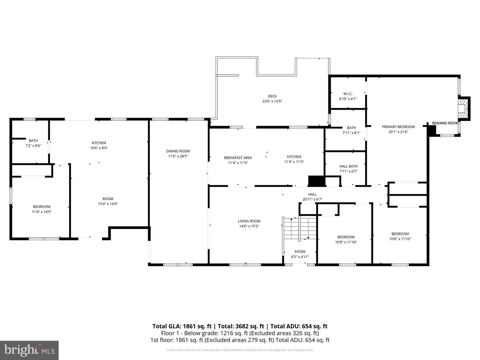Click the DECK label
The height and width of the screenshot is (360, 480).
pos(272,96)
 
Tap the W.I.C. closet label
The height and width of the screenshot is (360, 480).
pos(348,94)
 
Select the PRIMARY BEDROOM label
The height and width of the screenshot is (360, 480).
pos(398,127)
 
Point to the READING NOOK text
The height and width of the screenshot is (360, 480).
pos(445,123)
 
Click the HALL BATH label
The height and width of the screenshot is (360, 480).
pos(348,166)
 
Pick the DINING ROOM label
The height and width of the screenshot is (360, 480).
pos(178,151)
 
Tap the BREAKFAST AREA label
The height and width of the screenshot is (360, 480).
pos(238,158)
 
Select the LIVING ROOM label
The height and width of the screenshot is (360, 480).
pos(249,221)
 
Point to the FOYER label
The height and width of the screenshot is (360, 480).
pos(300,252)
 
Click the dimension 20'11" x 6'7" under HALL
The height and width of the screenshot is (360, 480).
pos(312,199)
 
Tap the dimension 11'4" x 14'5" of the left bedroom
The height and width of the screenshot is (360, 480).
pos(42,212)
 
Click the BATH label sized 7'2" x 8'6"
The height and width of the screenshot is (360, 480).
pos(33,141)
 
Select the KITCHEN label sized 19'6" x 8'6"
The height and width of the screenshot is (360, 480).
pos(99,143)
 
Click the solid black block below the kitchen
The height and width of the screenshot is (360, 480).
pos(316,181)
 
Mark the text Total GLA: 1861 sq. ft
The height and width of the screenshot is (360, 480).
pos(182,326)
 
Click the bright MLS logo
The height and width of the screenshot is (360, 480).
pos(29,350)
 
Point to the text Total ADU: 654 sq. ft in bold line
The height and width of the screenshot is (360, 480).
pos(299,326)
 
